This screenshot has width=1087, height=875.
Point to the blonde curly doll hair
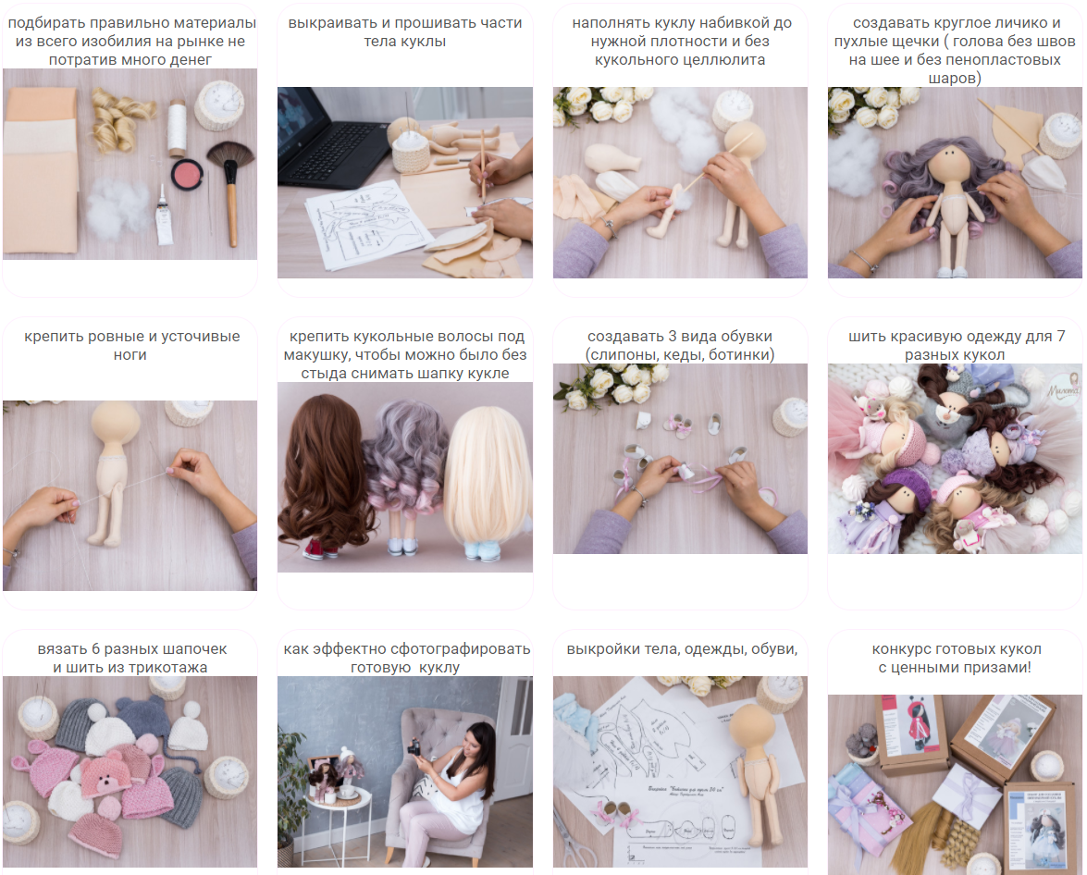[122, 117]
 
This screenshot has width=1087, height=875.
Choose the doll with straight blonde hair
[488, 479]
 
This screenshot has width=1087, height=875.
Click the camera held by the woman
[414, 746]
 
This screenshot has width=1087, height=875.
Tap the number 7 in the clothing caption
[1061, 336]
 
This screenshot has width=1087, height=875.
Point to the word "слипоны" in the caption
[624, 355]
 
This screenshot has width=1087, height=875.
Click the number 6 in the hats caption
[95, 649]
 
